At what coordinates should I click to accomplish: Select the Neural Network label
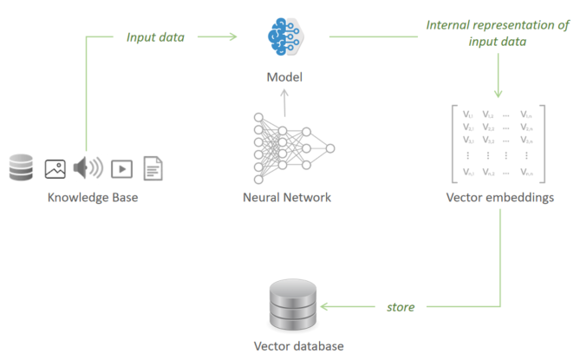[x=287, y=197]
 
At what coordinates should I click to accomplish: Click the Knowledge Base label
[x=93, y=197]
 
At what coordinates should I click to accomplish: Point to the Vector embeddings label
[x=499, y=197]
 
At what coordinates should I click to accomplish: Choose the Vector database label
[x=292, y=345]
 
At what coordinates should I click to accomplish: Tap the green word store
[x=400, y=306]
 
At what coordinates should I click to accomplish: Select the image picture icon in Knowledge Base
[x=55, y=168]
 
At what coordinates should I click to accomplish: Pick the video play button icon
[x=121, y=168]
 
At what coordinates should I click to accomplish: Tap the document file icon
[x=153, y=167]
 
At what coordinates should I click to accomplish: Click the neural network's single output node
[x=329, y=148]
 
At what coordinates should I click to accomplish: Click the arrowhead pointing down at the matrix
[x=499, y=92]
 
